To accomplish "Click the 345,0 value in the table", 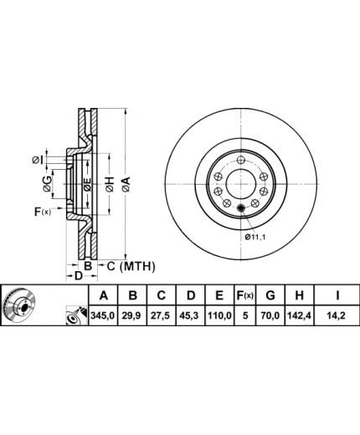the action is (103, 315).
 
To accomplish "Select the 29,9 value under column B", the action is (132, 315).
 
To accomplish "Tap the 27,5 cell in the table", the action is (162, 315).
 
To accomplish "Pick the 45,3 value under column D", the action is (190, 315).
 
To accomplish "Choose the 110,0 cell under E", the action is (219, 315).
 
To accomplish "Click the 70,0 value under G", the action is (270, 315).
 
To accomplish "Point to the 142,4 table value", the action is (300, 315).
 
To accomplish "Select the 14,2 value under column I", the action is (337, 315).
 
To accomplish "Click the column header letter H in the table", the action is (299, 295).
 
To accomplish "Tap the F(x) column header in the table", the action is (245, 295).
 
